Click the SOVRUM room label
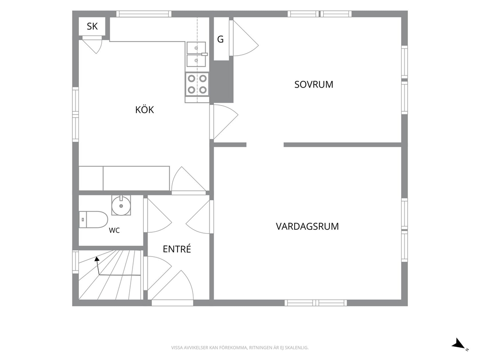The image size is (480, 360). (314, 85)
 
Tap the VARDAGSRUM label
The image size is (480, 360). (307, 226)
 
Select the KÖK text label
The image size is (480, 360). (145, 109)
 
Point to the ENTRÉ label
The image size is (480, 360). (177, 249)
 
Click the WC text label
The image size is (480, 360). (114, 230)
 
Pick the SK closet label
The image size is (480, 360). (92, 26)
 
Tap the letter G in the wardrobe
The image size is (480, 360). (221, 39)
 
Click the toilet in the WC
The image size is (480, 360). (93, 220)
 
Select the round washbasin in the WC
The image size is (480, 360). (121, 206)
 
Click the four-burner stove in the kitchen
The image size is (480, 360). (197, 84)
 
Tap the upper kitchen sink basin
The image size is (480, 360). (196, 48)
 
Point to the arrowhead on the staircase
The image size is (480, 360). (97, 259)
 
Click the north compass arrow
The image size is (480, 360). (459, 344)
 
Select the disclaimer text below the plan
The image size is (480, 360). (240, 348)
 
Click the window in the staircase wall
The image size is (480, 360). (75, 262)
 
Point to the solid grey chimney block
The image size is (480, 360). (224, 81)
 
